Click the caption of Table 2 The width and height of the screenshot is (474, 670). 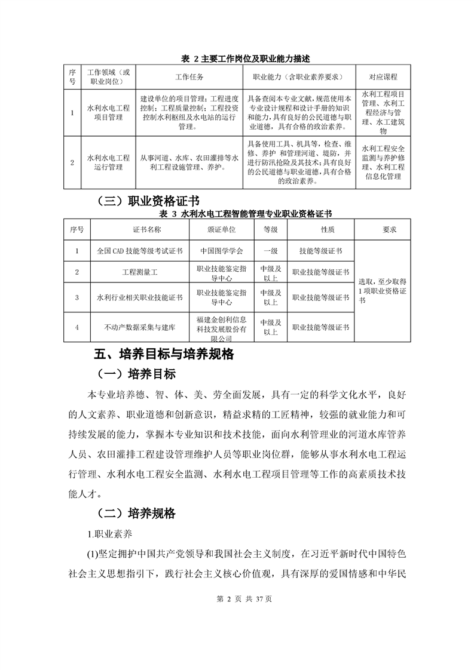(x=237, y=59)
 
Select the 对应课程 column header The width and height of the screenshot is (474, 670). (x=383, y=77)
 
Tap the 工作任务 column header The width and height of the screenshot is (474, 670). (x=189, y=77)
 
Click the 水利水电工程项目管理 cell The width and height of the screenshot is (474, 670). (x=108, y=113)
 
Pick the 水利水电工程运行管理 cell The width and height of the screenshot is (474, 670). (x=108, y=162)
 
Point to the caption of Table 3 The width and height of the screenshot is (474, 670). (x=237, y=213)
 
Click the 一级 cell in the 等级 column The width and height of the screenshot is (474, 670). (x=270, y=251)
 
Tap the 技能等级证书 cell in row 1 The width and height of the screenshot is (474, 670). (x=320, y=251)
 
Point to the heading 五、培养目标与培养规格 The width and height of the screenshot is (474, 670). (x=163, y=354)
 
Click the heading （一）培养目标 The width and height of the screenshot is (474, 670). (x=137, y=374)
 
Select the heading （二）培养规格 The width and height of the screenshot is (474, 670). (x=137, y=513)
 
